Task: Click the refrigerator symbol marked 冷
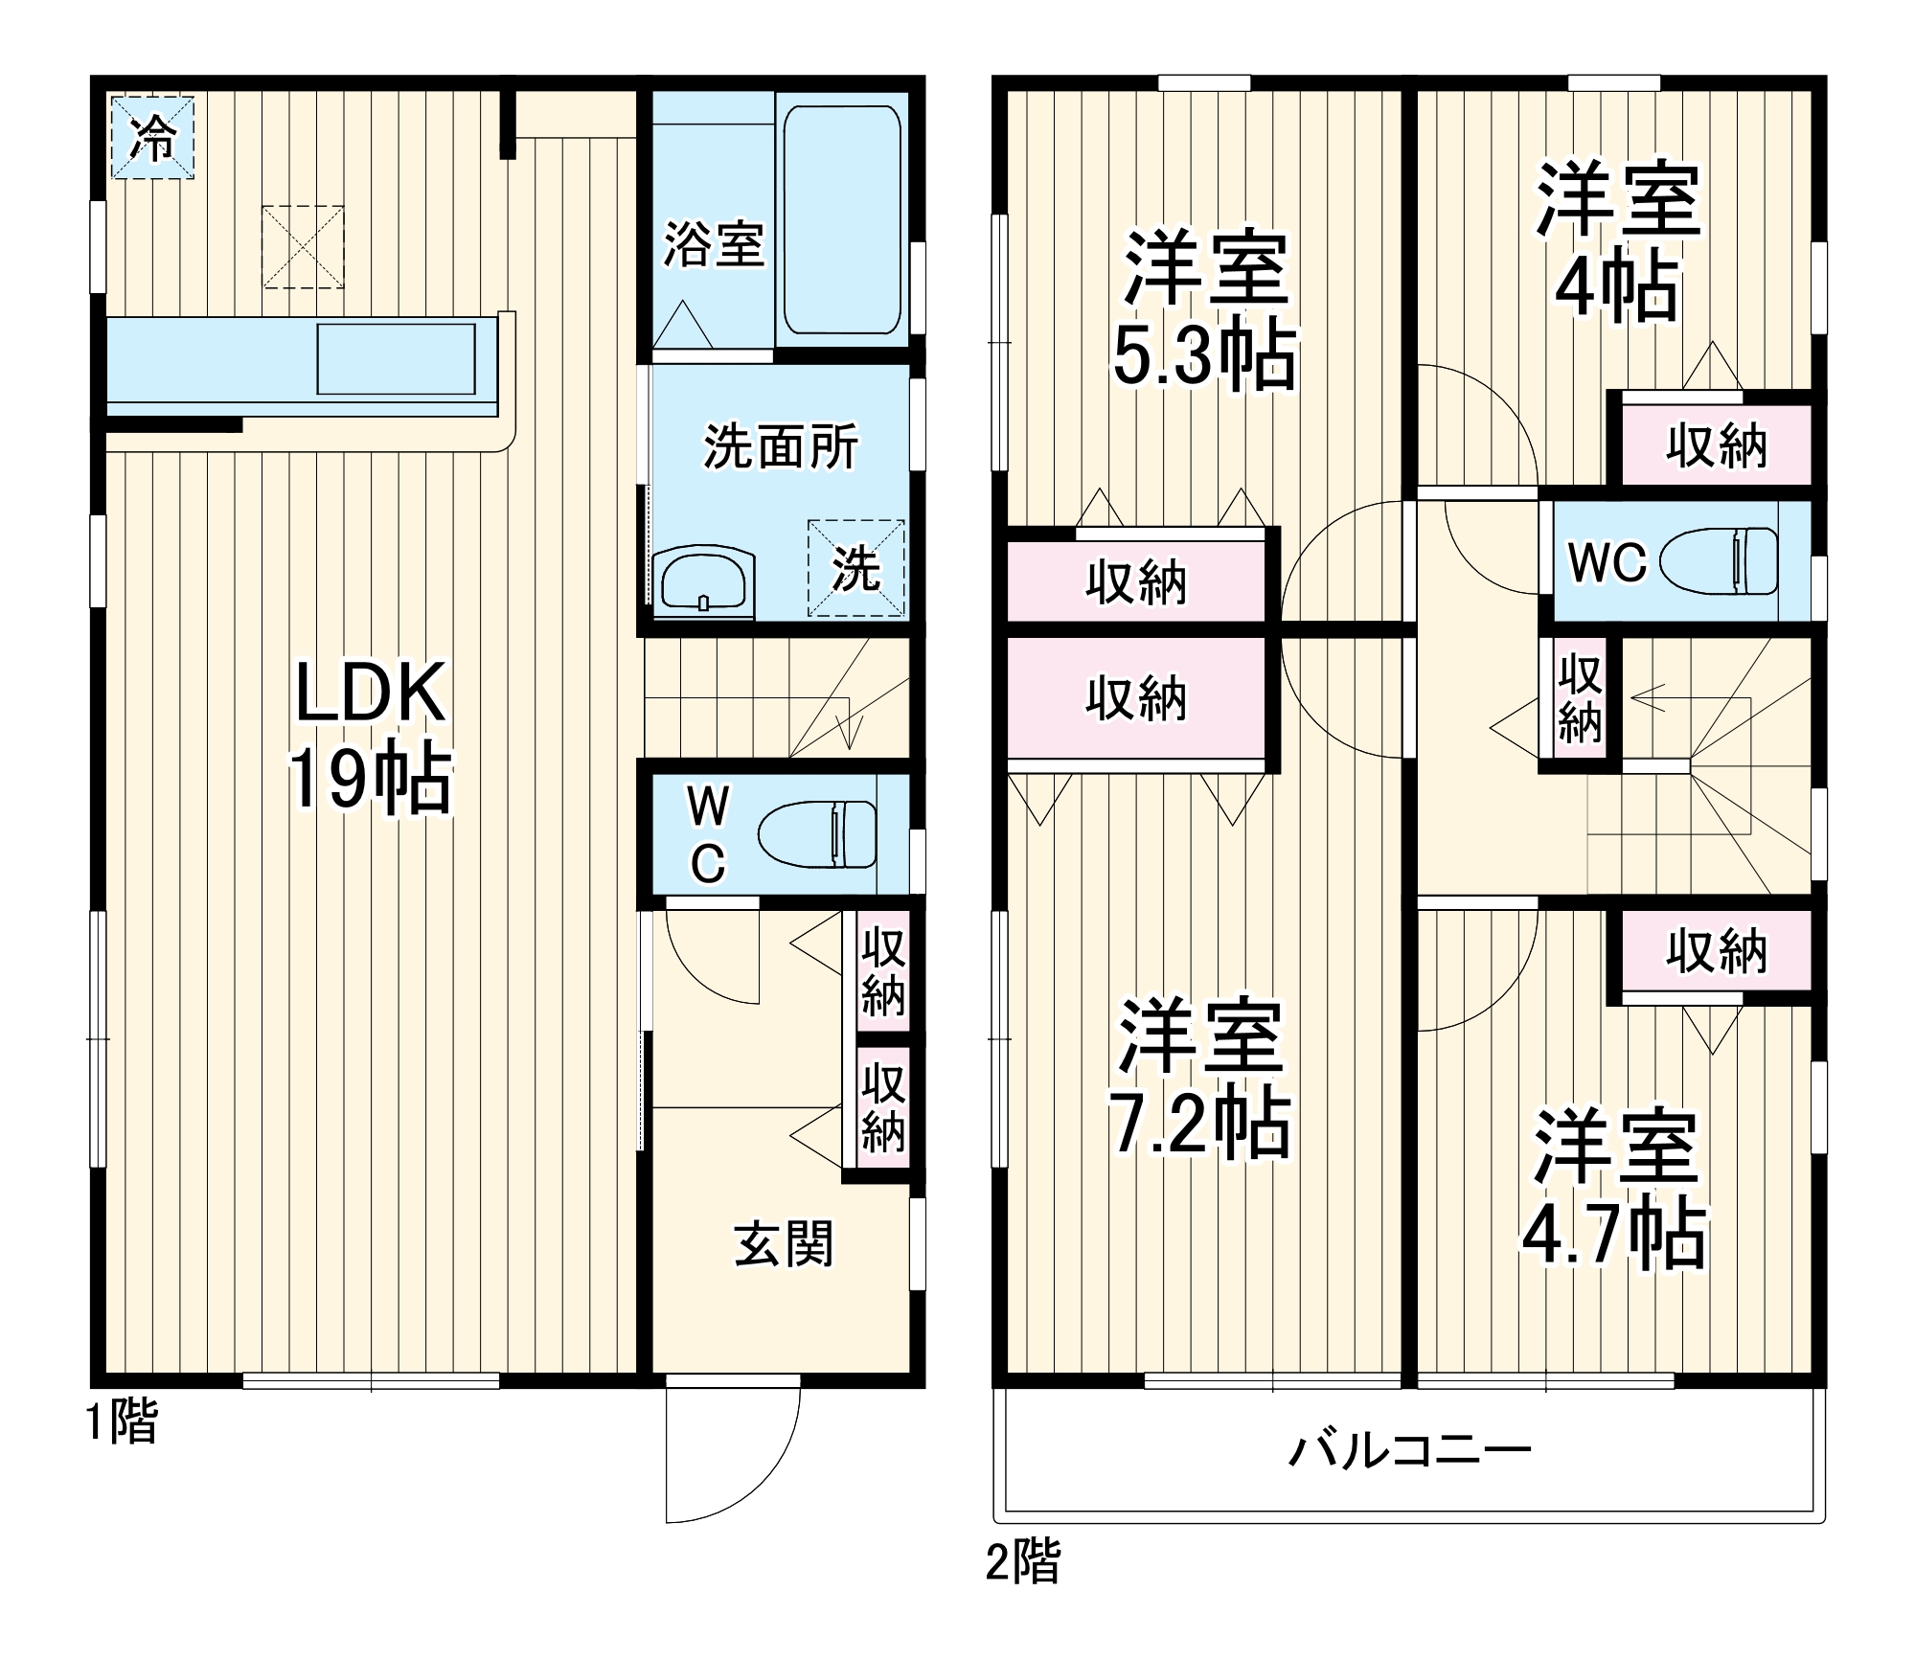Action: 152,137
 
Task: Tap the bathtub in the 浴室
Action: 841,219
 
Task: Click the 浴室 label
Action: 714,245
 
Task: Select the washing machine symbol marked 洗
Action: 855,568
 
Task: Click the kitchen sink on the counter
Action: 396,359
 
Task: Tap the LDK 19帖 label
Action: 370,735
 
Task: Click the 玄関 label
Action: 784,1244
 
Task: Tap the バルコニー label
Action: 1409,1451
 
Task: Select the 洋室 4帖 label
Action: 1617,242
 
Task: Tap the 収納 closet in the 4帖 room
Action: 1716,445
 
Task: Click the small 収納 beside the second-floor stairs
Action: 1579,699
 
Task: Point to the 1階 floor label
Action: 122,1421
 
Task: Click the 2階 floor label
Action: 1023,1562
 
